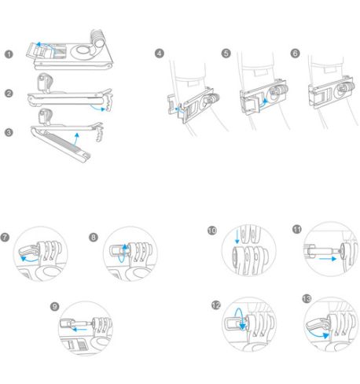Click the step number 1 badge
9,54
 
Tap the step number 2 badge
9,93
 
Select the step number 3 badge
9,132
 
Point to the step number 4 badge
160,54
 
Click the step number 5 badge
226,54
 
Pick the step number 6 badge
295,54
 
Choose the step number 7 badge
5,238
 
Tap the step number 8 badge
94,238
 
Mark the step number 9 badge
54,307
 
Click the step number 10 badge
212,231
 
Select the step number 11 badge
297,230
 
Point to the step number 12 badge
216,305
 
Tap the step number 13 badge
307,299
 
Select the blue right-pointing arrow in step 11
328,259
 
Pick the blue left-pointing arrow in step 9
79,329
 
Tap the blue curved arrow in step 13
317,335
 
